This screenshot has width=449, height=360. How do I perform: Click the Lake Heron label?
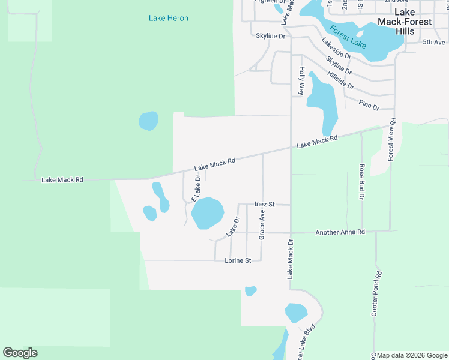(x=169, y=18)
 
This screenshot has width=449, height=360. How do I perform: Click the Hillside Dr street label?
(x=341, y=80)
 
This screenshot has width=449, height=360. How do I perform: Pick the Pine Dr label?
(x=369, y=106)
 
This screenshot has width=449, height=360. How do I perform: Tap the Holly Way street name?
(x=301, y=80)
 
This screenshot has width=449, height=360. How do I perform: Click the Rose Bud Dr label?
(x=362, y=181)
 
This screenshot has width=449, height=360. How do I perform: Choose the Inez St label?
(x=264, y=204)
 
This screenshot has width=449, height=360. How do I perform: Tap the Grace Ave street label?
(x=262, y=224)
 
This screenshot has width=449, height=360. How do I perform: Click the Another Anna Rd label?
(x=340, y=232)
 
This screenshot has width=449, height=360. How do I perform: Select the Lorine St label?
(x=238, y=260)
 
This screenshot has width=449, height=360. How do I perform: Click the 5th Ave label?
(x=434, y=42)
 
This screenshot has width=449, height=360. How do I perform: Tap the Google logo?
(x=20, y=353)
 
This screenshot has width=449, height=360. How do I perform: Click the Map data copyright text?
(x=411, y=355)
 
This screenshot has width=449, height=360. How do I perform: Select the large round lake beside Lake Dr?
(x=207, y=213)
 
